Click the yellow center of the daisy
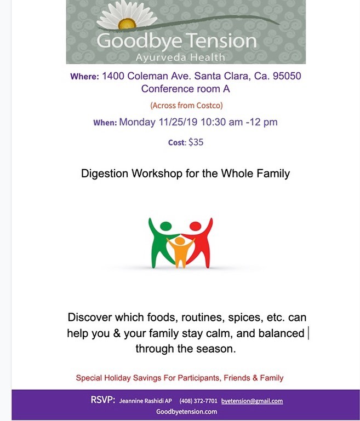point(127,24)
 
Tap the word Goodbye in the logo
point(139,41)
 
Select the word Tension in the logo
point(221,41)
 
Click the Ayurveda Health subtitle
point(180,57)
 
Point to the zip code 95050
point(287,76)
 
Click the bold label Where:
point(84,77)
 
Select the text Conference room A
point(186,89)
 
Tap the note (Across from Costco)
point(186,105)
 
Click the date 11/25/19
point(178,122)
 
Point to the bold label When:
point(105,123)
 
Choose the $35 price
point(196,142)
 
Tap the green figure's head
point(166,226)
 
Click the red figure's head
point(195,226)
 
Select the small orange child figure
point(180,252)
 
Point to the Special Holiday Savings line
point(180,378)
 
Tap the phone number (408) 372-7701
point(198,401)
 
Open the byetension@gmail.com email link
point(252,401)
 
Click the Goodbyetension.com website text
point(186,412)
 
